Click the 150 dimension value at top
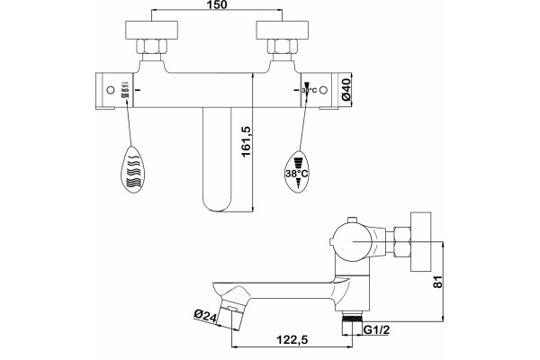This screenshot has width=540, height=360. coord(217,5)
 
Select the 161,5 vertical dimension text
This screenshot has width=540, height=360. coord(247,141)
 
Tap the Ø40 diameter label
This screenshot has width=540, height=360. coord(346,90)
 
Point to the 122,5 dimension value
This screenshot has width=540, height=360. coord(292,340)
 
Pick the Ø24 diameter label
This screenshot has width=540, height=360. coord(205,316)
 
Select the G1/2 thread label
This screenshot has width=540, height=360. coord(377,329)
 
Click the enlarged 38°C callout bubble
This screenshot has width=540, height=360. coord(297,171)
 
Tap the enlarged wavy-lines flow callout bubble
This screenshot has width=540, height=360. coord(133,169)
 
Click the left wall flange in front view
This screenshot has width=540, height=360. coord(151,30)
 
